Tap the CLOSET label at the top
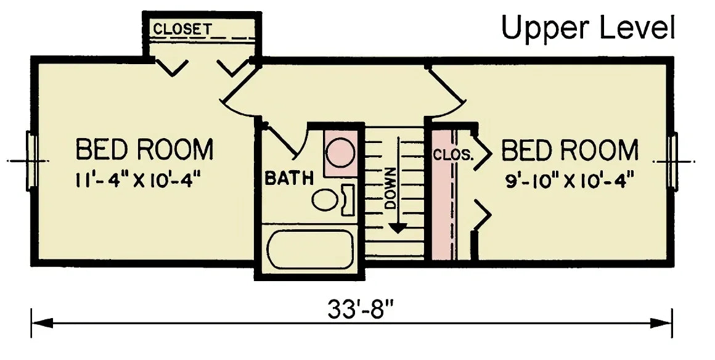tap(182, 29)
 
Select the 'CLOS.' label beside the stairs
tap(453, 153)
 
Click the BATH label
tap(289, 178)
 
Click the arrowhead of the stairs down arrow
tap(399, 227)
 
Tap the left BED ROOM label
tap(144, 150)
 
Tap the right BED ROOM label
tap(570, 150)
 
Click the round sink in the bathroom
tap(340, 152)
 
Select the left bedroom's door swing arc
tap(237, 99)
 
